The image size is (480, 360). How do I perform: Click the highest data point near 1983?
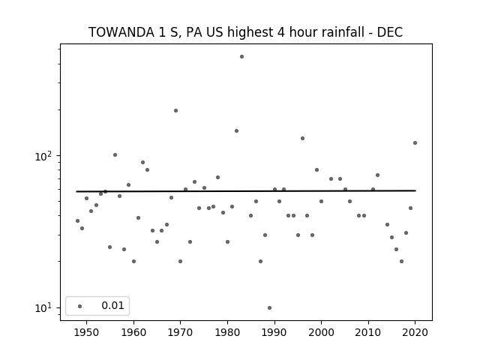[x=241, y=57]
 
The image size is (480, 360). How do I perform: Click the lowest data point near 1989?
[x=269, y=308]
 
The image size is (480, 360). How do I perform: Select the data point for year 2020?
[x=415, y=143]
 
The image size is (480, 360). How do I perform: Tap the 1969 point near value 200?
[x=175, y=111]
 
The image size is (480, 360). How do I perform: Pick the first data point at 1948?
[x=77, y=221]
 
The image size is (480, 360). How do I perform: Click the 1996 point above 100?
[x=302, y=138]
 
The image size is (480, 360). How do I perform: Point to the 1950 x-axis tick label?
[x=87, y=333]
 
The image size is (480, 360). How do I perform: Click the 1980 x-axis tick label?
[x=227, y=333]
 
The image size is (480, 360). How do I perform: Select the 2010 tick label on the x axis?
[x=368, y=333]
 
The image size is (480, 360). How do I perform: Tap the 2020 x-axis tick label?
[x=415, y=333]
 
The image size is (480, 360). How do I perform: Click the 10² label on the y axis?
[x=43, y=156]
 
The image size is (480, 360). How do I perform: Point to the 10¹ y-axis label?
[x=43, y=307]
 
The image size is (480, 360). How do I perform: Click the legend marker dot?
[x=80, y=307]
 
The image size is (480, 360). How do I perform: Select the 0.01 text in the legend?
[x=112, y=305]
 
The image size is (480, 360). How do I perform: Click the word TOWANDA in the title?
[x=121, y=32]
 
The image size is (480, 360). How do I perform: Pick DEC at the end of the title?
[x=390, y=32]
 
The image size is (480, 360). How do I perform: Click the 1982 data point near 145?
[x=237, y=131]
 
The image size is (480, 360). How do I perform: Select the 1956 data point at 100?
[x=115, y=155]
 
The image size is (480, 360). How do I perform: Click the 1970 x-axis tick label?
[x=180, y=333]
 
